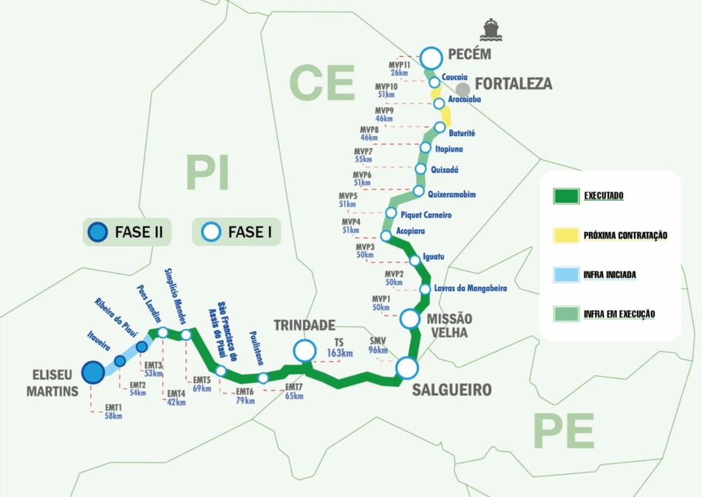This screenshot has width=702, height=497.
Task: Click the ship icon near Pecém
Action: tap(489, 30)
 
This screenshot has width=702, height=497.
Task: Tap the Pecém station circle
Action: tap(431, 56)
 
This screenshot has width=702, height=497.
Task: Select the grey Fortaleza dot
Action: tap(463, 89)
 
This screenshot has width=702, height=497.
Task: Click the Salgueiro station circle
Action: tap(406, 368)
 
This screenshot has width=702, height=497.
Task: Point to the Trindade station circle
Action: tap(303, 349)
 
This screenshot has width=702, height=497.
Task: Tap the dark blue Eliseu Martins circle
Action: tap(92, 372)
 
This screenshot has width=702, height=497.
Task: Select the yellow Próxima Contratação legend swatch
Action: tap(566, 235)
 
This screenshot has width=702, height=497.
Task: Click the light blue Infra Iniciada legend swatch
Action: tap(566, 274)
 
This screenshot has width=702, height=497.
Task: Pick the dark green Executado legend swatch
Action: tap(566, 196)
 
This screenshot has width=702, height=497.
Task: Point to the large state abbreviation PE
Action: tap(563, 430)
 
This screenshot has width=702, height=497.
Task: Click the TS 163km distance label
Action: tap(339, 348)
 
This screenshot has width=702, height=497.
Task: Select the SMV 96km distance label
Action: tap(378, 345)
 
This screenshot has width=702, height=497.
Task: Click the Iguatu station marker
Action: tap(414, 258)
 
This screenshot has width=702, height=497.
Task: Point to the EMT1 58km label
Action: tap(113, 412)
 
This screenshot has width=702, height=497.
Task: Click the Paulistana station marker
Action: tap(263, 378)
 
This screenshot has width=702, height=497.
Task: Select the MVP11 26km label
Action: tap(399, 69)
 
